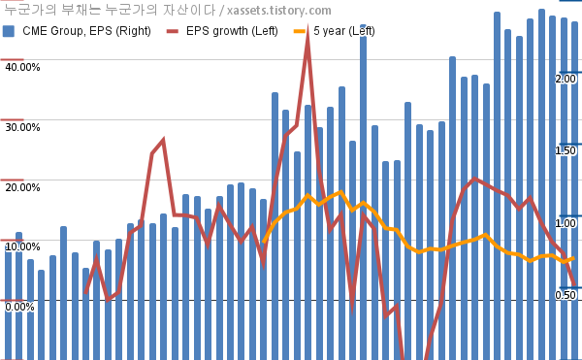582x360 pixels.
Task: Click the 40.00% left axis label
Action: click(22, 67)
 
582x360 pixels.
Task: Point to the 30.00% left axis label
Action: click(22, 127)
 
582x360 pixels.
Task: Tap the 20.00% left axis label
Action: click(22, 187)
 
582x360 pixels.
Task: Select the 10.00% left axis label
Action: click(22, 246)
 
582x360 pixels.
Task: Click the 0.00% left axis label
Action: click(19, 307)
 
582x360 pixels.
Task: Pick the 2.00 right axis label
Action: click(566, 79)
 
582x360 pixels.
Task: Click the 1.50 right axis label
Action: click(566, 150)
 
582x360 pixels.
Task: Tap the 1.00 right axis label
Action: click(566, 223)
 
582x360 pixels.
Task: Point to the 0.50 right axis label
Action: click(566, 295)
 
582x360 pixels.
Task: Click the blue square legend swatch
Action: click(9, 31)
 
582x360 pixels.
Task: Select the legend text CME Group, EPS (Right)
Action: click(87, 31)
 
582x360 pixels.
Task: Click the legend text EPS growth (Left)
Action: click(232, 31)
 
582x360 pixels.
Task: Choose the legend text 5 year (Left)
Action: click(344, 31)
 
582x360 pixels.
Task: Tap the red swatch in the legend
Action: click(173, 31)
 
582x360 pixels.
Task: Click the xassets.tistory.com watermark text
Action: click(279, 11)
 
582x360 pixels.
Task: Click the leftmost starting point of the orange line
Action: click(264, 242)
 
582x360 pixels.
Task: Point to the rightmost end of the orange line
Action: click(574, 258)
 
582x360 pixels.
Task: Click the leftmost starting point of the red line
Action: click(85, 293)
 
